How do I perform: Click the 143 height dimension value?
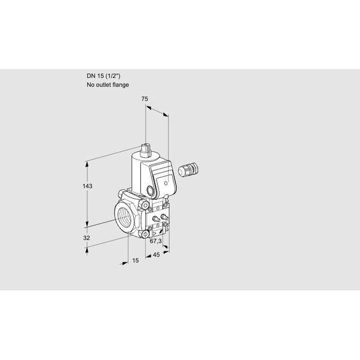87,186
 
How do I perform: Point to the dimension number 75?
145,99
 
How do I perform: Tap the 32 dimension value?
86,238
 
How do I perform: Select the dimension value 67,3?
155,241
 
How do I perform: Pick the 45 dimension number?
156,254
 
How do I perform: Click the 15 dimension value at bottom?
136,260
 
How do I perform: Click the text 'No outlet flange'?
107,85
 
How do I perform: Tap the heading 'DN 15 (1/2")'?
103,76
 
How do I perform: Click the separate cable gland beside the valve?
188,169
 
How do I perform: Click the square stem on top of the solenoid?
145,150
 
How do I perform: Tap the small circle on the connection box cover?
166,183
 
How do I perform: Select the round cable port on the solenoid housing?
150,191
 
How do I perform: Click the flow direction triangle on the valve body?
155,234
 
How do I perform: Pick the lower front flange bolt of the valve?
145,235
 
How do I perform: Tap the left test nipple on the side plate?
156,218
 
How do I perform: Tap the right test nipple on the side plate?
164,216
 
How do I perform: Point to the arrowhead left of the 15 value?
124,263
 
